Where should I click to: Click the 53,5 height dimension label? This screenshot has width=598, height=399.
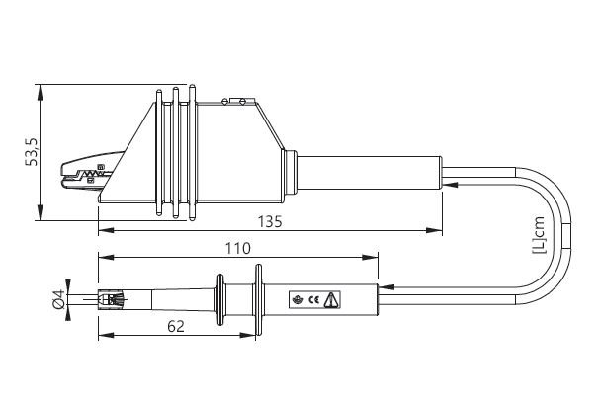[x=32, y=151]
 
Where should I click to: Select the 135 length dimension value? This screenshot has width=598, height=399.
[x=270, y=221]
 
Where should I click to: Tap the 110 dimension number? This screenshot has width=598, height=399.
[x=238, y=249]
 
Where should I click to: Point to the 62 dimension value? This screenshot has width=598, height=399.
[x=176, y=326]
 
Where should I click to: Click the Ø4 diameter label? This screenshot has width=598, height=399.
[x=58, y=299]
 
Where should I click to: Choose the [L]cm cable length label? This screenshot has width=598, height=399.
[x=539, y=235]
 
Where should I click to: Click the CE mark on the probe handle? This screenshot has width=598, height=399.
[x=314, y=300]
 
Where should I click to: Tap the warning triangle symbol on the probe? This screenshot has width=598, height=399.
[x=331, y=300]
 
